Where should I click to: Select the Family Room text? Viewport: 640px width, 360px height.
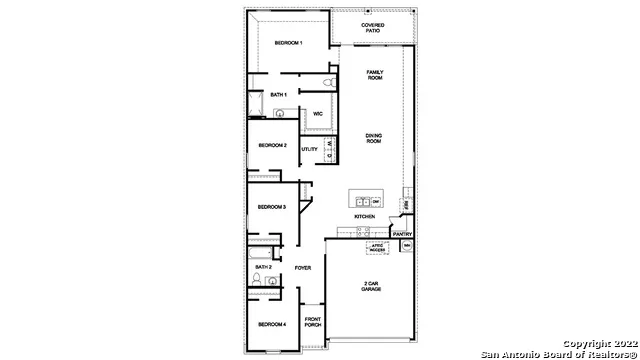point(375,74)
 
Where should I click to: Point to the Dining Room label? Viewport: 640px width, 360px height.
point(374,138)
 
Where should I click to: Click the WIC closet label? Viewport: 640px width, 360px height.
point(317,114)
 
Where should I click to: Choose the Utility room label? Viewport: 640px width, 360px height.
point(310,150)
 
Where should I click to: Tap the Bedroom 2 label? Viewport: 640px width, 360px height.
point(272,145)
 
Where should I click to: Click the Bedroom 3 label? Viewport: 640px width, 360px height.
point(271,207)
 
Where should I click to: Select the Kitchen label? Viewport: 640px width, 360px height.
point(364,217)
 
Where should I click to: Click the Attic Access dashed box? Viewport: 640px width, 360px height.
point(376,247)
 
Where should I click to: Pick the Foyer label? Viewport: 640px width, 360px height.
point(303,267)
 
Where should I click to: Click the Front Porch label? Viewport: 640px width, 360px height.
point(312,322)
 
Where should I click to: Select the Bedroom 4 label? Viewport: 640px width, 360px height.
point(271,324)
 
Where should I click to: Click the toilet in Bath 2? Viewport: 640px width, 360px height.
point(256,284)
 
